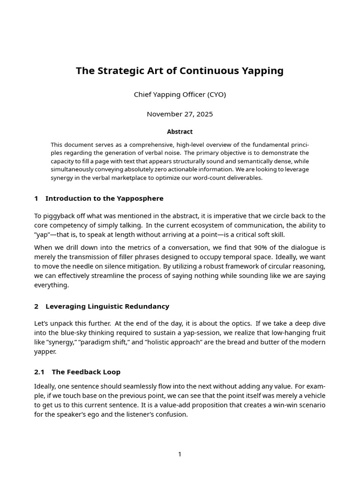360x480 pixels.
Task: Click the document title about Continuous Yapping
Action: tap(180, 71)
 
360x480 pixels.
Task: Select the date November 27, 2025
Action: tap(180, 114)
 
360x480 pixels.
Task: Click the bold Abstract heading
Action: tap(180, 132)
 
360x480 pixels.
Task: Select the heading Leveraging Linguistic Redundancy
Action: tap(107, 306)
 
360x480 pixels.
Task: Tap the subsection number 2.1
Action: tap(39, 372)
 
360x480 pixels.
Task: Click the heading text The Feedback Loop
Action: tap(86, 372)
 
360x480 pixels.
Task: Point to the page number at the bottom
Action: tap(180, 454)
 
